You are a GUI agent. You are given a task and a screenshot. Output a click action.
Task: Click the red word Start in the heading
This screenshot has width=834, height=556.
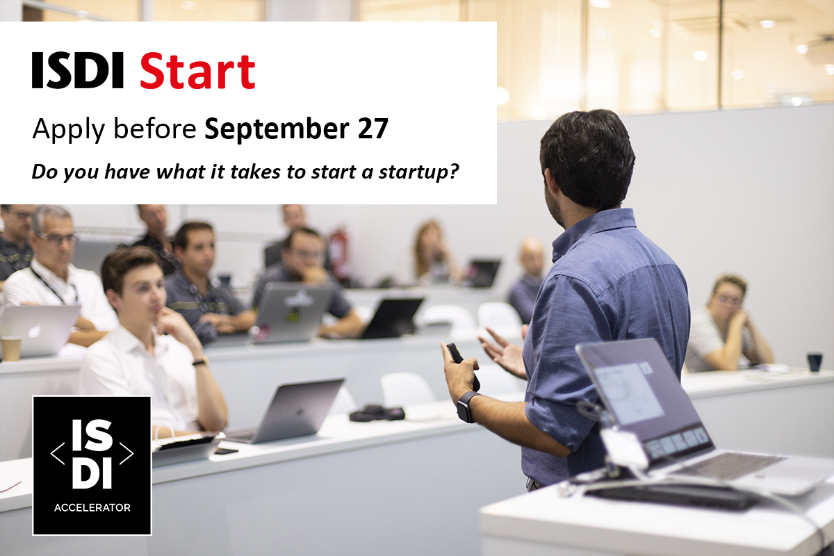pos(197,72)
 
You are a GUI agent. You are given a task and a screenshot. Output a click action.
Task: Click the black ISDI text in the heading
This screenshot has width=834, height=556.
pos(78,72)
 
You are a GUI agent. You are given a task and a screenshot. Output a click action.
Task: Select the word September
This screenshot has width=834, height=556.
pos(279,129)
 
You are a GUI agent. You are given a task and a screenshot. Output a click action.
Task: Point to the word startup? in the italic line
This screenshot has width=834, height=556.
pos(424,171)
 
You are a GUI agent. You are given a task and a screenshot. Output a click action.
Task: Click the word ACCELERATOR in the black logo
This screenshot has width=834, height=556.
pos(92,507)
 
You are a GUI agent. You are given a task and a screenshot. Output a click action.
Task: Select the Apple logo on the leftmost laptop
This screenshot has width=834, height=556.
pos(33,329)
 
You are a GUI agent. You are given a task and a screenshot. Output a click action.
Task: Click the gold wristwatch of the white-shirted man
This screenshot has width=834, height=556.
pos(200,361)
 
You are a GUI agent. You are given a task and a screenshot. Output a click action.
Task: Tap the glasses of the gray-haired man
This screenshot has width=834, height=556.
pos(58,238)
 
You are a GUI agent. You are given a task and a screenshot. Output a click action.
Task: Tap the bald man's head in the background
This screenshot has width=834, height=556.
pos(532,253)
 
